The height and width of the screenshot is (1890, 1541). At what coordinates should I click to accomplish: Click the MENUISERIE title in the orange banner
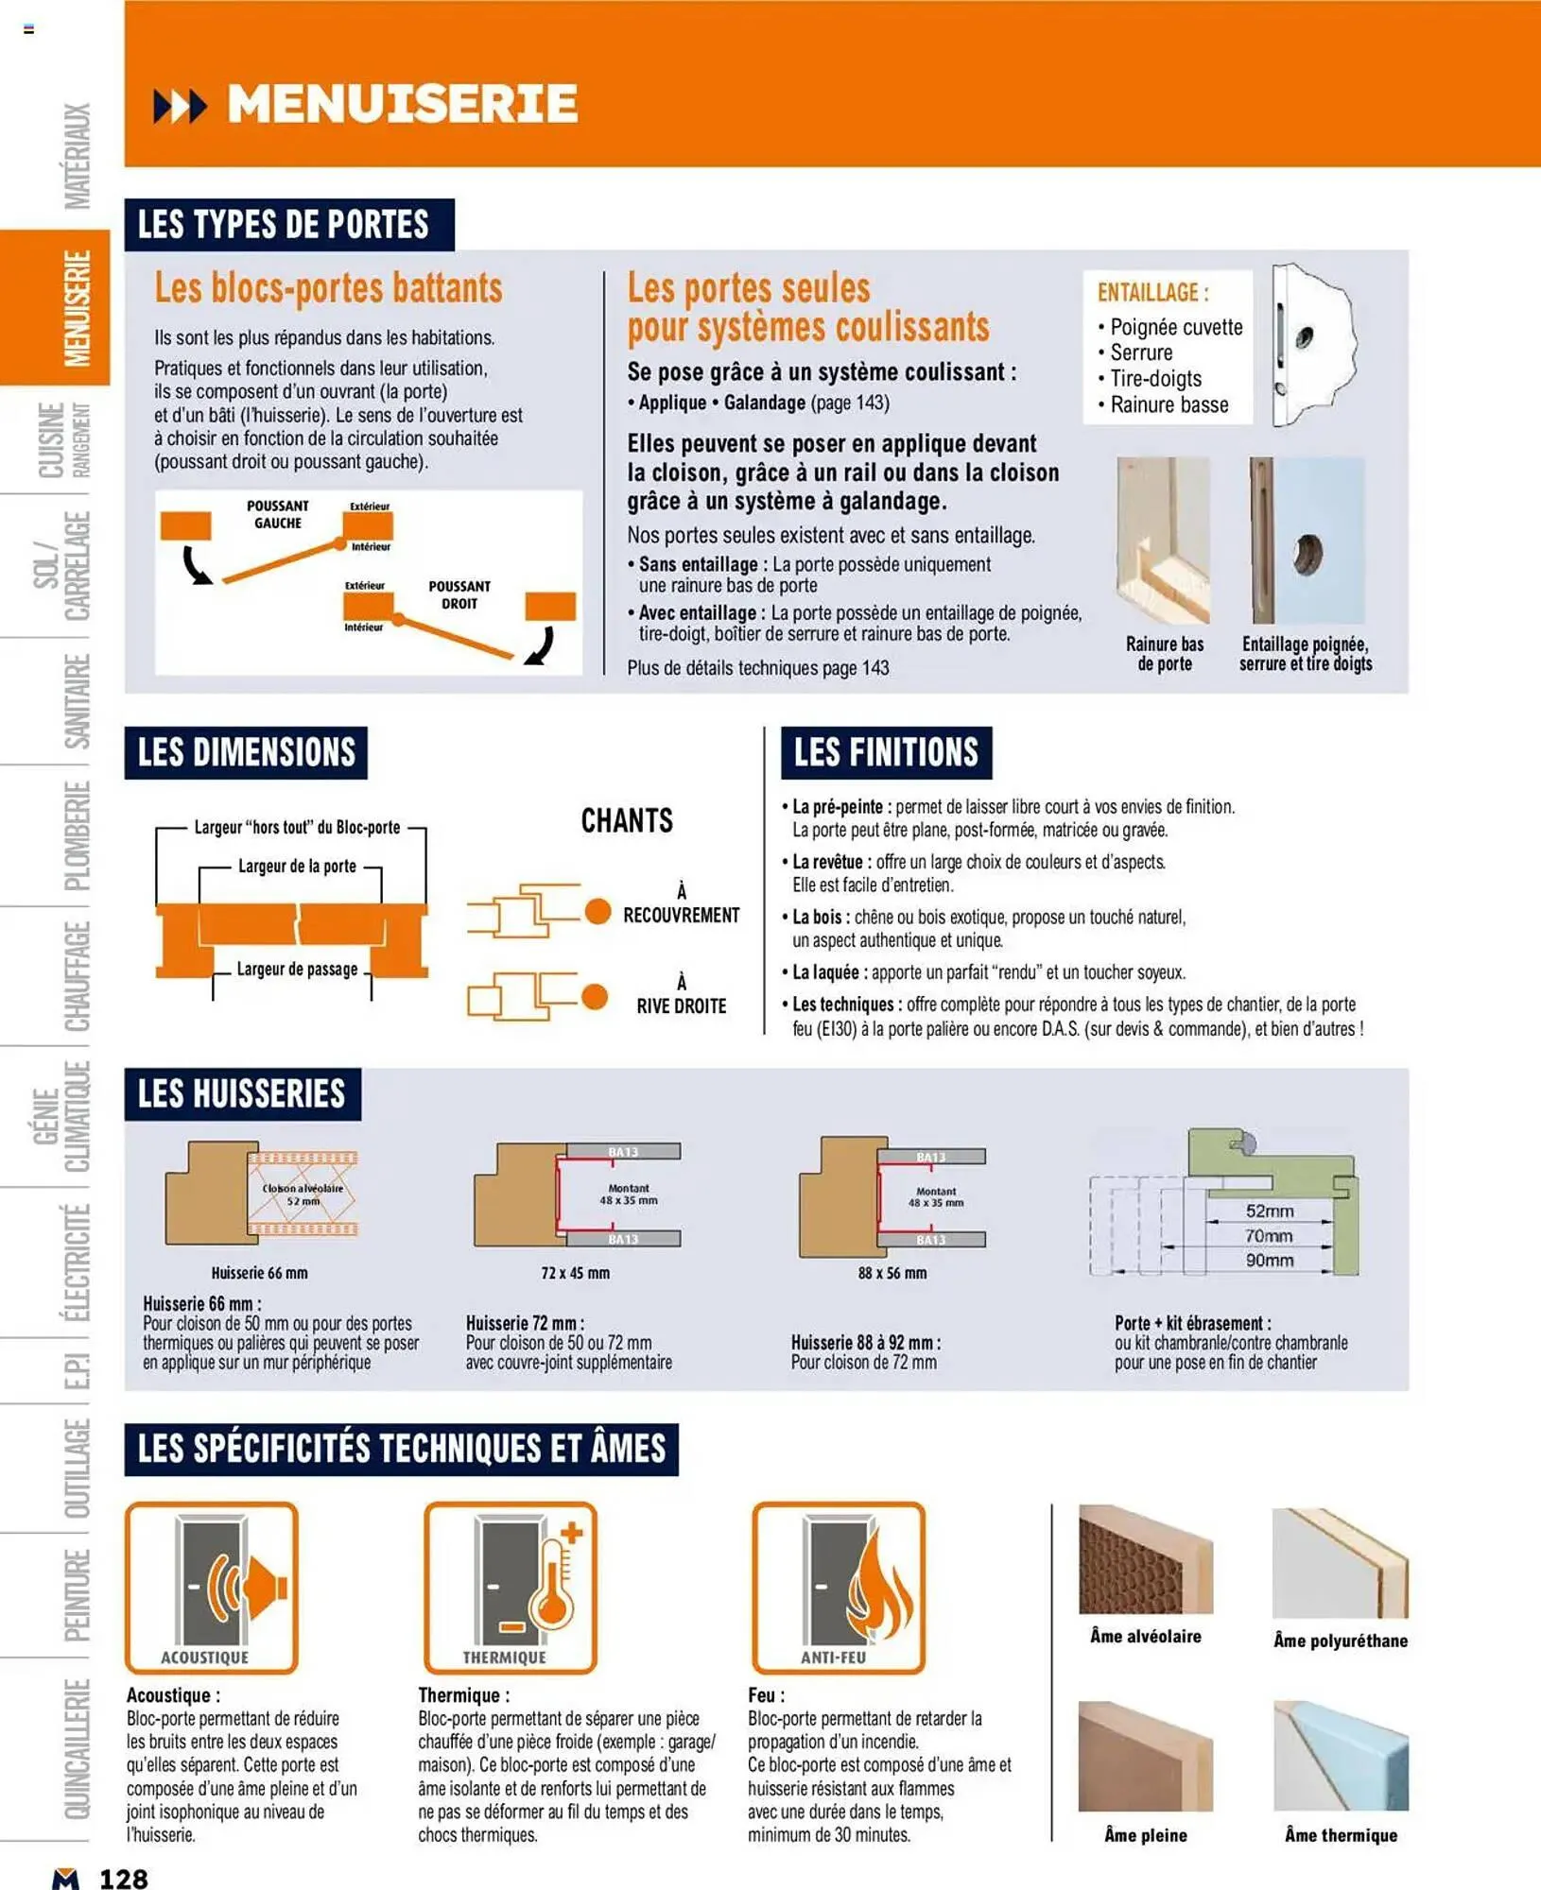click(x=402, y=104)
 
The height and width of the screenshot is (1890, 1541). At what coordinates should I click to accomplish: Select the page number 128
click(x=124, y=1878)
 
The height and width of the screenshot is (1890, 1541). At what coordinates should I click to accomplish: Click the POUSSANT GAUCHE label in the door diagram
click(x=277, y=514)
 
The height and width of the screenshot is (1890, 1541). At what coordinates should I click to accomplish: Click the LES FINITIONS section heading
click(x=886, y=752)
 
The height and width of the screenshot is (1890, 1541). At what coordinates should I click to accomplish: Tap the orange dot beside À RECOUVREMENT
click(x=597, y=911)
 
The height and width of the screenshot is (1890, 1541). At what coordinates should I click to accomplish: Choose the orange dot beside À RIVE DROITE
click(x=595, y=997)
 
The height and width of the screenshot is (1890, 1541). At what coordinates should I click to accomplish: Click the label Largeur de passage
click(x=297, y=969)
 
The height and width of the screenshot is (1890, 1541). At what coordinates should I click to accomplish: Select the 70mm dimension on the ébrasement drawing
click(x=1268, y=1235)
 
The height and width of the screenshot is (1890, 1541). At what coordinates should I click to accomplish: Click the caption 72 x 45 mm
click(x=575, y=1273)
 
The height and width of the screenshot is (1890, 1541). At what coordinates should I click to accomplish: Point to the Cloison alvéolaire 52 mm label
click(x=303, y=1194)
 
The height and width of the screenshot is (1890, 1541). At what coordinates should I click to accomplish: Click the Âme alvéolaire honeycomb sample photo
click(x=1145, y=1559)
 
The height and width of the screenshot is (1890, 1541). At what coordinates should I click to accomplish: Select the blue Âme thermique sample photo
click(x=1341, y=1756)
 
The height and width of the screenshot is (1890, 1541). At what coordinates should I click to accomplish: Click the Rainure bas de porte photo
click(x=1163, y=540)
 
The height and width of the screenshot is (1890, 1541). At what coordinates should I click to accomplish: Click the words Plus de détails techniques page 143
click(x=757, y=668)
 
